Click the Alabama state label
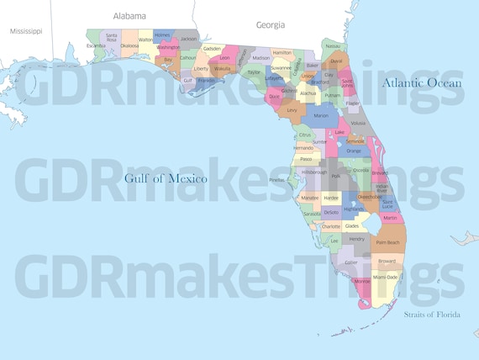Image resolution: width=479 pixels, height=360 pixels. [129, 15]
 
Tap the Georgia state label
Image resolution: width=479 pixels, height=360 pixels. [271, 25]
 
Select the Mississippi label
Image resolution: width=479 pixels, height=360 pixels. [26, 30]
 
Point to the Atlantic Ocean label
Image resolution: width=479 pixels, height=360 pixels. [422, 82]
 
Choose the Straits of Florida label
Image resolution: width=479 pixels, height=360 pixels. [431, 315]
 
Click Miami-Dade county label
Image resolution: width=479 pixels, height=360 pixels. [386, 277]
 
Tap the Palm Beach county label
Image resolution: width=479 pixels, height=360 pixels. [387, 242]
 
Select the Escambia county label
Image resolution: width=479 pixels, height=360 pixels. [96, 45]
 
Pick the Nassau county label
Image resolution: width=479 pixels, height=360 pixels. [333, 45]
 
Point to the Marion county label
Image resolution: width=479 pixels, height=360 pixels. [321, 115]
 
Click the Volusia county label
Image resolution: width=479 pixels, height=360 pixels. [358, 123]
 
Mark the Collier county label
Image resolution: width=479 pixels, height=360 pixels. [350, 262]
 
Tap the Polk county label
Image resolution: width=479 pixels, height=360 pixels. [335, 177]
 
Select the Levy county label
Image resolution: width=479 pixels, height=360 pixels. [292, 109]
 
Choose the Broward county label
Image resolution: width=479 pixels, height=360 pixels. [387, 261]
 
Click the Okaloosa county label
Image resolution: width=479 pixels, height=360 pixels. [129, 45]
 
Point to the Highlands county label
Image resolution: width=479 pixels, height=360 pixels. [353, 209]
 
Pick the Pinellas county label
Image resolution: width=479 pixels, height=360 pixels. [276, 180]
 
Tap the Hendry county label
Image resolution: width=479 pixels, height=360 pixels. [356, 239]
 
